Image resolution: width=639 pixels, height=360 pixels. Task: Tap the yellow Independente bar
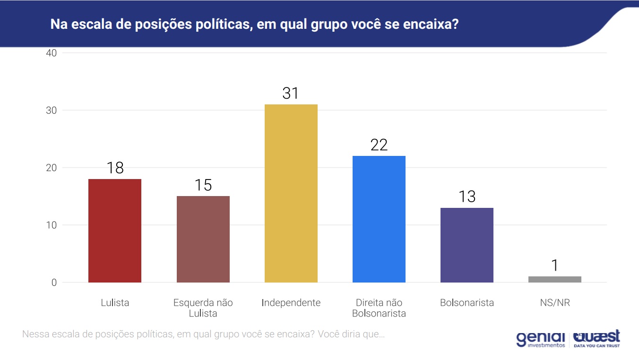[291, 193]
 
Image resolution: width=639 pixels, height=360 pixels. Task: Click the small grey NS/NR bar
[555, 279]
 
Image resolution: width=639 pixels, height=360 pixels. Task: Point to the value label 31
[291, 94]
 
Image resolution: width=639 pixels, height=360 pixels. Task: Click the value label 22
[379, 145]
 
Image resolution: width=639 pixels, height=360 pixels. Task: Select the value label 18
[115, 168]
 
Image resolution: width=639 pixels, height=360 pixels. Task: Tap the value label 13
[467, 197]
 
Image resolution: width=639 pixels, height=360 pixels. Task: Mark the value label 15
[203, 185]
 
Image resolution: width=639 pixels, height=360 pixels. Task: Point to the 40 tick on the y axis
[52, 53]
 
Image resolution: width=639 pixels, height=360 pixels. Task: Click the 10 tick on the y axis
[52, 225]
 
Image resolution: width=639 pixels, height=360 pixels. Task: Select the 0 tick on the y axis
[54, 283]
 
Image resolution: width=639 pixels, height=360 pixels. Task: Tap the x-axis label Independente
[291, 303]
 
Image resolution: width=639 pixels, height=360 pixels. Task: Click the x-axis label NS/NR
[555, 303]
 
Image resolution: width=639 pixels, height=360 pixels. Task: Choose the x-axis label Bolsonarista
[467, 303]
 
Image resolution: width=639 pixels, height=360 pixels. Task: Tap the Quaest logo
[596, 339]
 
